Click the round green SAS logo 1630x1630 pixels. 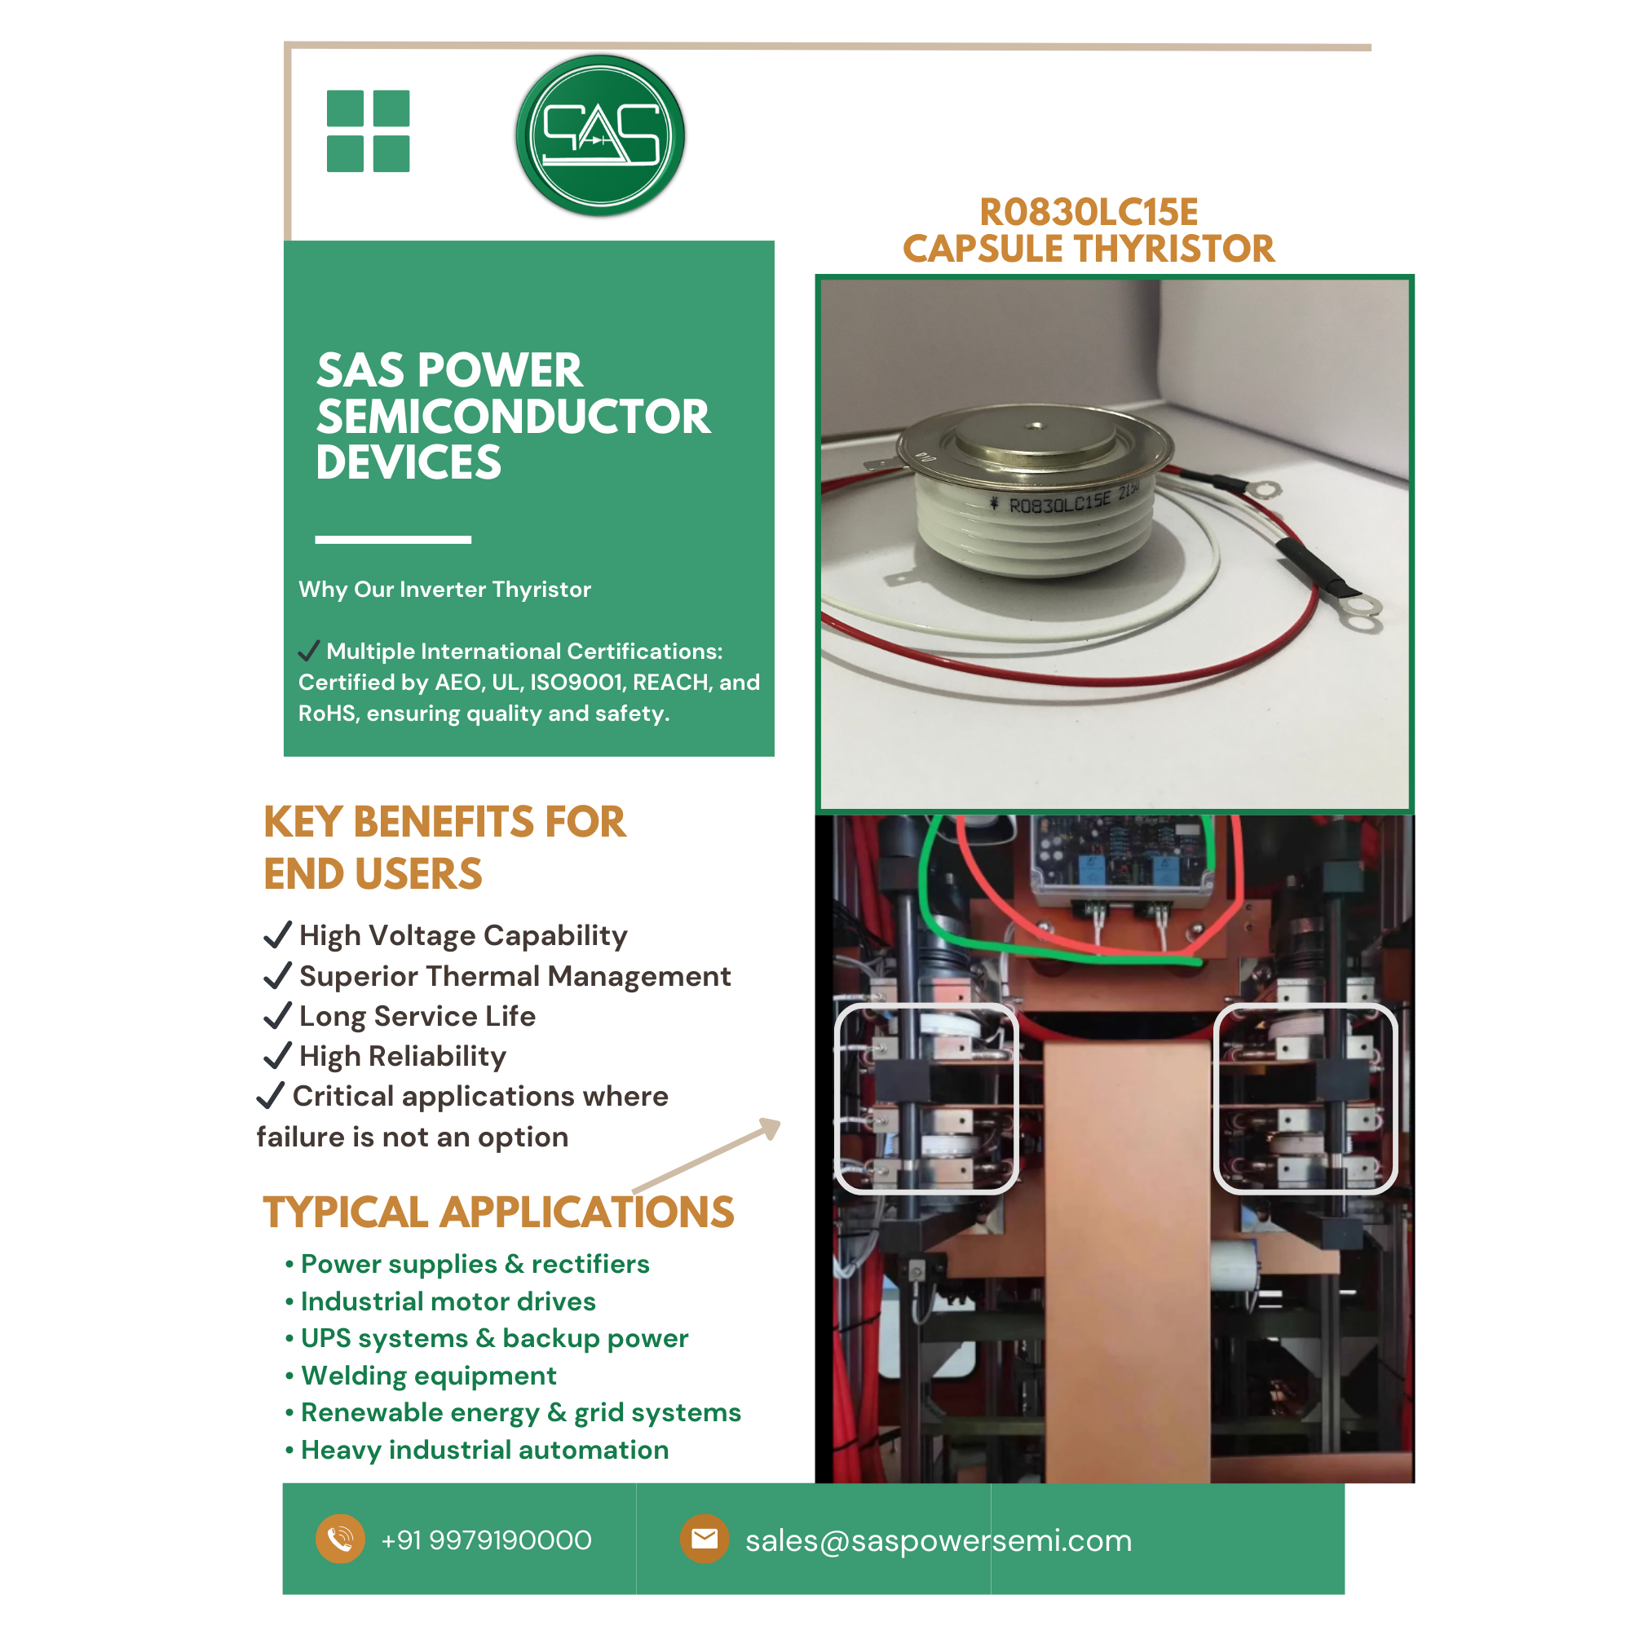point(600,135)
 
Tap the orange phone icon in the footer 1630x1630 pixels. point(340,1539)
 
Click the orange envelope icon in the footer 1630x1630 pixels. point(705,1539)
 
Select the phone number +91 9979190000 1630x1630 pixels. point(487,1539)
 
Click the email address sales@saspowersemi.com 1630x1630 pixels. point(939,1540)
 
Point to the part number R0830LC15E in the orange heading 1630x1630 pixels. point(1089,212)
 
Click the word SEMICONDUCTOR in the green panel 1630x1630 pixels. point(513,417)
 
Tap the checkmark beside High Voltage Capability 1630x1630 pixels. point(276,934)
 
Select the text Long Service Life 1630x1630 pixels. point(417,1016)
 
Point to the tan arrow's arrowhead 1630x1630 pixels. point(771,1127)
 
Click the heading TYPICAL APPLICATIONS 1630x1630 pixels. point(498,1213)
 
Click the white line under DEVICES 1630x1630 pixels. point(393,539)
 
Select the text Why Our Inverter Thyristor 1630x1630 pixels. point(444,589)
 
